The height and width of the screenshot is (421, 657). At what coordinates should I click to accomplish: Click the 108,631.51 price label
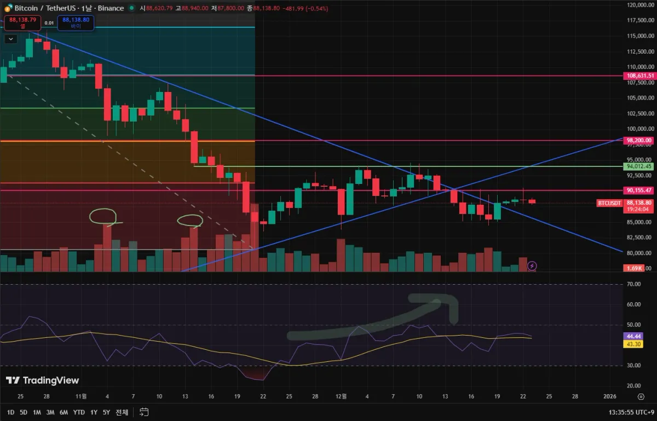(639, 76)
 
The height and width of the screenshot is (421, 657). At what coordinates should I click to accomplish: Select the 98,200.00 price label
(639, 141)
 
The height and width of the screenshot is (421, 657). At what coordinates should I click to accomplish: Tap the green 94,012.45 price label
(639, 166)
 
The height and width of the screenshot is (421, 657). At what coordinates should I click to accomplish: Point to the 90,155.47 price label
(639, 191)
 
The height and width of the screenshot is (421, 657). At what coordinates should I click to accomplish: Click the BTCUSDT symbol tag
(609, 203)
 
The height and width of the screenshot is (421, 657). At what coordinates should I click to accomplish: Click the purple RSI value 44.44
(633, 337)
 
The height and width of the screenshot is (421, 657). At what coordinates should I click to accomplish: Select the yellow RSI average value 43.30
(633, 344)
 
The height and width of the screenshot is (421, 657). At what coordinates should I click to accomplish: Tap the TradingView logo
(42, 380)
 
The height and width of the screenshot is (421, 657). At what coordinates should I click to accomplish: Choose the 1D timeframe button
(10, 412)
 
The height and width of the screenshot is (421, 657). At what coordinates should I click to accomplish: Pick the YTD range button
(79, 412)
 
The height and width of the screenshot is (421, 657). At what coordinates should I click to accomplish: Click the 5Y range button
(106, 412)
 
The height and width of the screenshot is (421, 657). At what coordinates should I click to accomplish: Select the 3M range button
(50, 412)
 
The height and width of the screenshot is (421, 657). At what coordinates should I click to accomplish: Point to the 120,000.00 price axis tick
(639, 5)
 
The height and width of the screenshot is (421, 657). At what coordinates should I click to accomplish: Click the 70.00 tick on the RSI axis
(634, 284)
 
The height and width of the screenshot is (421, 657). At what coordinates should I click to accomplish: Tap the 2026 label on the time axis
(609, 396)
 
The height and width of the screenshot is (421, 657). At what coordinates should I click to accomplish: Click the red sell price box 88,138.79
(22, 22)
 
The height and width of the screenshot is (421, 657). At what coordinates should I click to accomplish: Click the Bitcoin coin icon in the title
(8, 8)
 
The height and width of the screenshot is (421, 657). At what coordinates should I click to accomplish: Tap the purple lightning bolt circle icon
(532, 266)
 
